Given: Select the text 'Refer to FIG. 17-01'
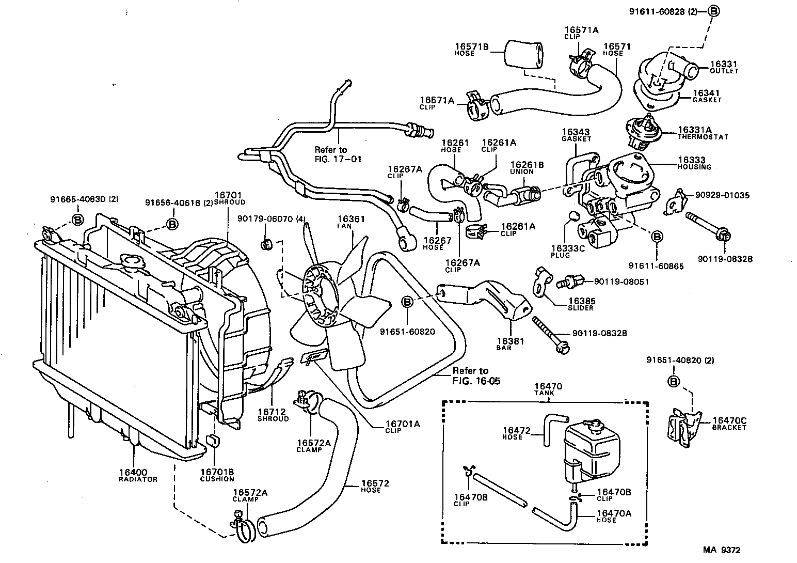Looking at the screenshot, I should [x=338, y=154].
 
